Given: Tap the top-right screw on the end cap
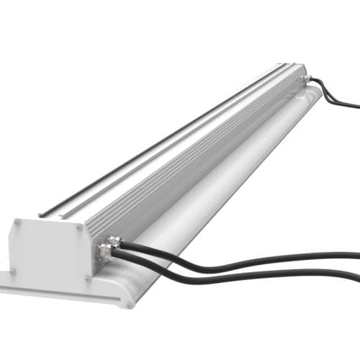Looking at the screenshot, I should pos(79,228).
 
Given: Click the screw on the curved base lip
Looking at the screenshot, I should pos(130,305).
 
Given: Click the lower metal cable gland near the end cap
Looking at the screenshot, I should pos(105,253).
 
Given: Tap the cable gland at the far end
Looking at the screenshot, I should pos(307,78).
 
